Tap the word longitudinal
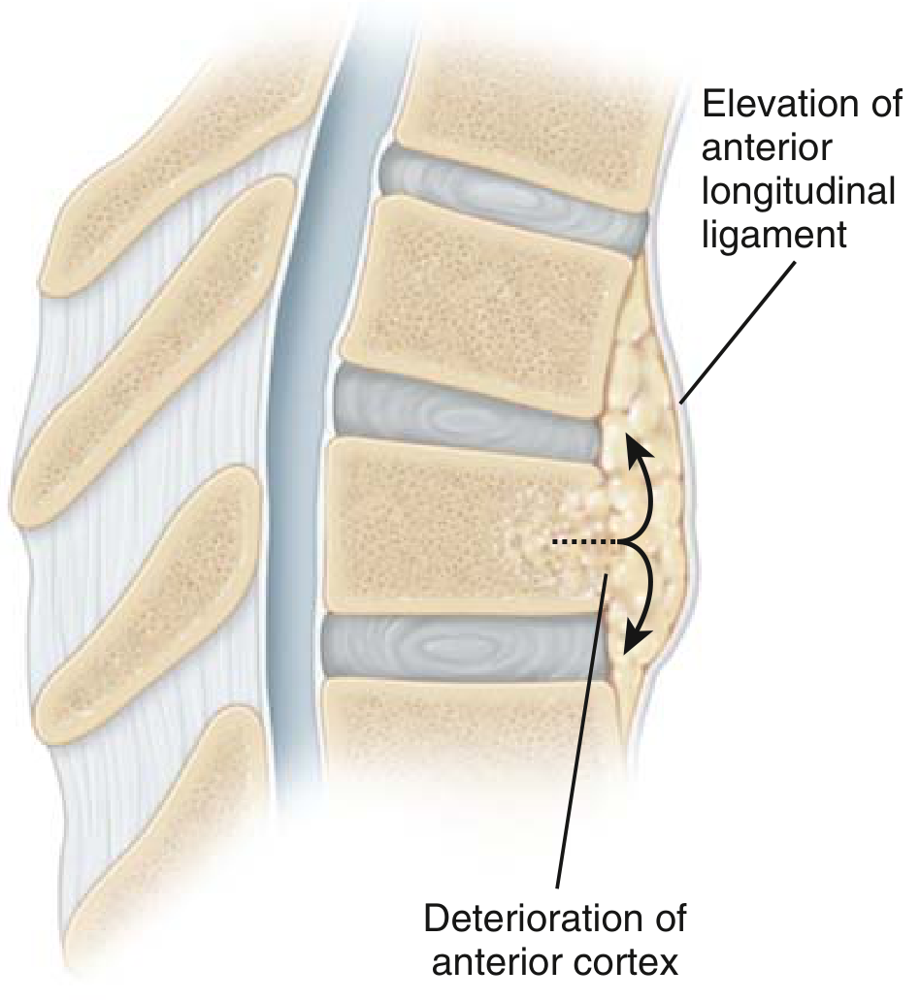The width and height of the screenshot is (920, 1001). pos(799,191)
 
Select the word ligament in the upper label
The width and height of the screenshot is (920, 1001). pos(774,235)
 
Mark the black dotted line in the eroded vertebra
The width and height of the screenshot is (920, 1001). pos(585,542)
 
